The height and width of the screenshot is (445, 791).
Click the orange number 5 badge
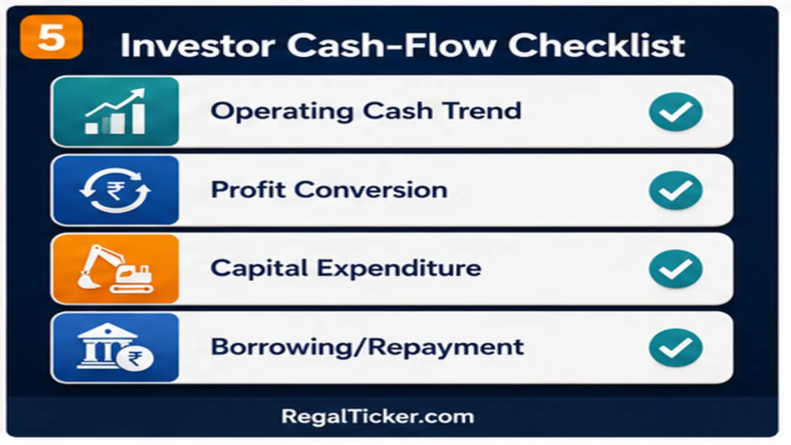tap(51, 37)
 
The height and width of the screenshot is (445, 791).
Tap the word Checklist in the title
tap(596, 45)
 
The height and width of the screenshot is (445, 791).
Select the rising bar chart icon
tap(115, 111)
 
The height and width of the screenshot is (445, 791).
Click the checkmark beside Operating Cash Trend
tap(675, 112)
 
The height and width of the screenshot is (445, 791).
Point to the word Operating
tap(281, 112)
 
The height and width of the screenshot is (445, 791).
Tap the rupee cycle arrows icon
tap(115, 190)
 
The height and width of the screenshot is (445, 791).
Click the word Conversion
tap(371, 190)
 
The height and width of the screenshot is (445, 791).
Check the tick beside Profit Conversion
tap(675, 191)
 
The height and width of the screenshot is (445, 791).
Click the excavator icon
tap(115, 269)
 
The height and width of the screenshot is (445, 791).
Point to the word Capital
tap(259, 269)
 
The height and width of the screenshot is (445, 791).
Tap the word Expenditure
tap(399, 269)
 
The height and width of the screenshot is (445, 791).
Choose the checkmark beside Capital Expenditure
tap(675, 269)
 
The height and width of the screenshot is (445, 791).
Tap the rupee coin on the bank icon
tap(135, 359)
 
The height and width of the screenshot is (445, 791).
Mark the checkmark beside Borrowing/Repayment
tap(675, 348)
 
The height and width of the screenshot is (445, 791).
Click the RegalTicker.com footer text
tap(378, 417)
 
